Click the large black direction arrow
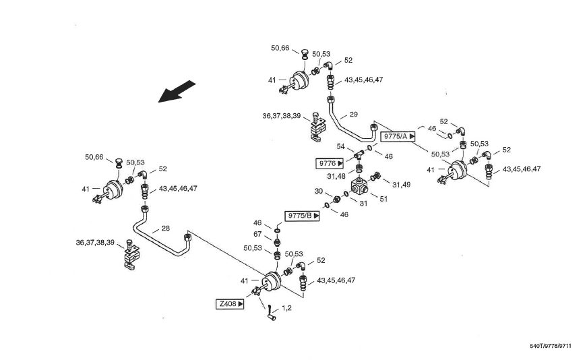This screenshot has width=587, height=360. pos(177,92)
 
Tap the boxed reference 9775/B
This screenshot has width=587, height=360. pos(303,216)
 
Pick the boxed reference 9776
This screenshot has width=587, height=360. pos(330,163)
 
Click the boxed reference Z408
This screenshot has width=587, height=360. pos(230,304)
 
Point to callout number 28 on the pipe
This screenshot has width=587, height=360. pos(165,229)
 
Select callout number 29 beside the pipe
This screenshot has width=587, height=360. pos(354,115)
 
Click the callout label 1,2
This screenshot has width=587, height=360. pos(287,307)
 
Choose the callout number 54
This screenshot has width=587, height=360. pos(340,146)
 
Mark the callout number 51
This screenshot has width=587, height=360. pos(383,199)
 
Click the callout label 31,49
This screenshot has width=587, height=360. pos(401,184)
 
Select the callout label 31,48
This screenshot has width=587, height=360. pos(336,177)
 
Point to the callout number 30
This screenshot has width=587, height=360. pos(319,191)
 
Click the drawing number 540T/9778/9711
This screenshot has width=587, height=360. pos(550,346)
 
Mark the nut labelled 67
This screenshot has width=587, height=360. pos(276,241)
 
